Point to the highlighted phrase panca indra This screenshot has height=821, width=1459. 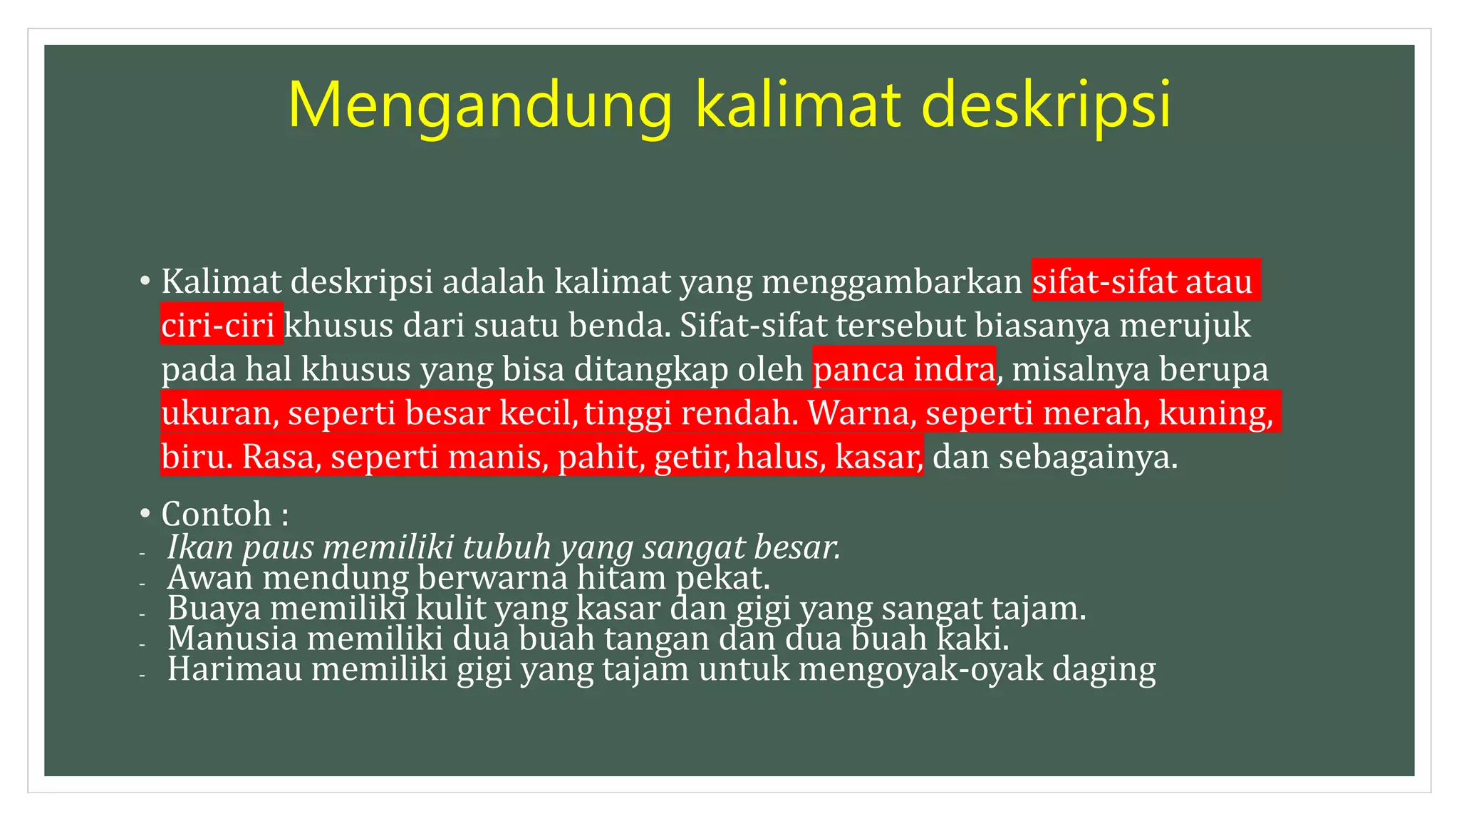point(904,369)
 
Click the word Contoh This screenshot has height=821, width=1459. point(217,514)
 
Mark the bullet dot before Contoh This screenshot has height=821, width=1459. point(145,513)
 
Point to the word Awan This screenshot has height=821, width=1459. point(210,577)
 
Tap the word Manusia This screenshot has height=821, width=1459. point(232,638)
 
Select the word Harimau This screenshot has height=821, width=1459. point(235,669)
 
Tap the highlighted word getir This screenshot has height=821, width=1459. point(690,457)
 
